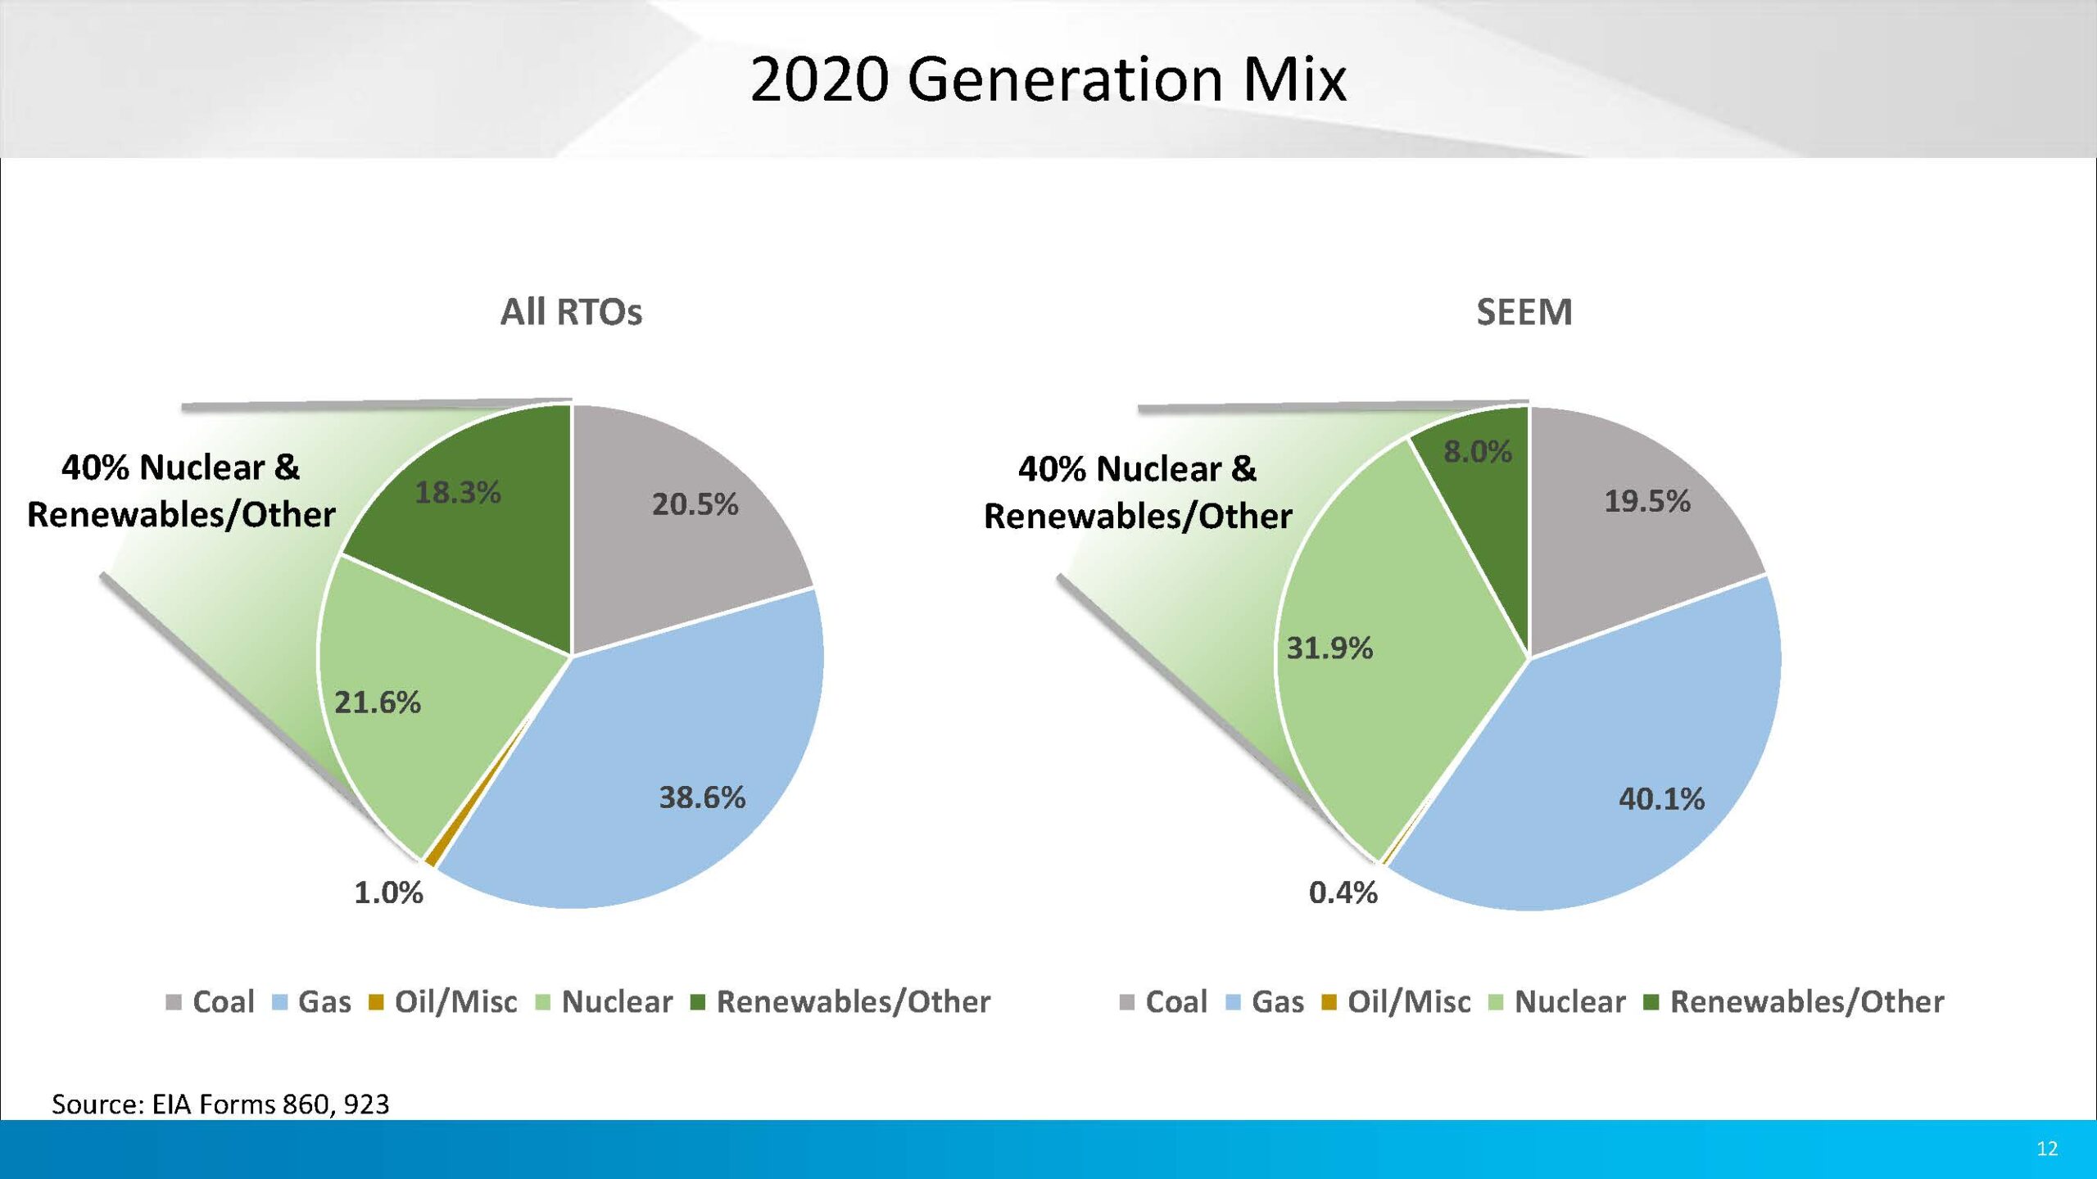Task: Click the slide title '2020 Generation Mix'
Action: [x=1048, y=79]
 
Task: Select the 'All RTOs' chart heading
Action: [x=571, y=312]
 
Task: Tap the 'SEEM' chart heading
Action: [x=1524, y=312]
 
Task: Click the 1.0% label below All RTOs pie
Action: [x=388, y=892]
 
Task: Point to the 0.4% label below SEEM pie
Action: [x=1343, y=892]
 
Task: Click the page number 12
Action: [x=2047, y=1149]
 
